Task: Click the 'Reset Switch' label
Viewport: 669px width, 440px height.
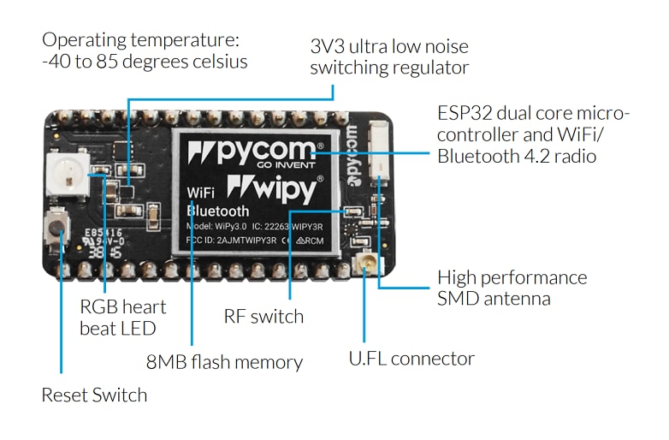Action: (x=94, y=395)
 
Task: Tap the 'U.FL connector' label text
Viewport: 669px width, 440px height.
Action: (x=411, y=359)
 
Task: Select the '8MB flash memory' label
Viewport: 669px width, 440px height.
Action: (x=224, y=362)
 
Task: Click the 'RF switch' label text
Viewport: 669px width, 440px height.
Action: (x=263, y=317)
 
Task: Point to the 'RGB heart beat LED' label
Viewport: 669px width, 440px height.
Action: (x=122, y=317)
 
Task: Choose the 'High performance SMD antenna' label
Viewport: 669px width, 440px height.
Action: (x=512, y=288)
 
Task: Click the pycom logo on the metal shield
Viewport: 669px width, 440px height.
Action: (x=258, y=153)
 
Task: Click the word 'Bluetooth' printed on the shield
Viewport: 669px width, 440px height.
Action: (x=218, y=211)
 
